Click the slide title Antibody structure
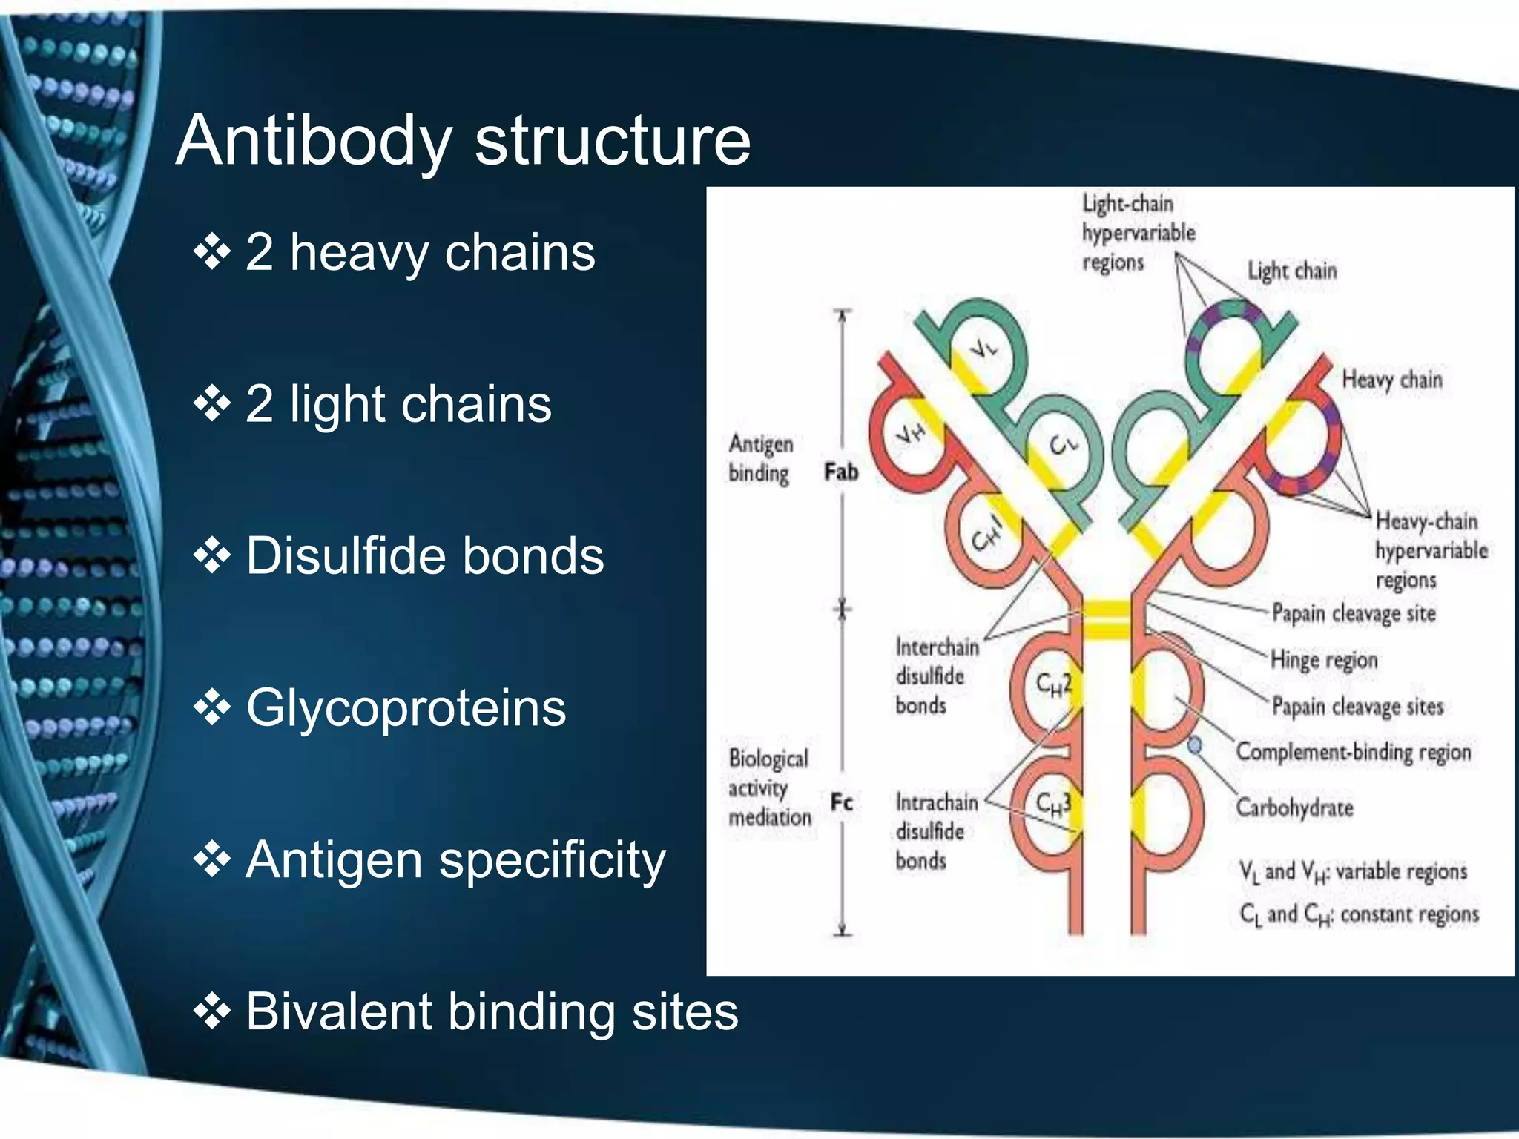pos(464,140)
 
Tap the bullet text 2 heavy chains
pos(420,252)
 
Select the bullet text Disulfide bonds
pos(424,555)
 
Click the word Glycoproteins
pos(406,707)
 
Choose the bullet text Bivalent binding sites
pos(492,1011)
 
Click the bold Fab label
pos(841,472)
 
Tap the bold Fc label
pos(842,802)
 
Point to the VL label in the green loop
pos(984,346)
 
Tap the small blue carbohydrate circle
pos(1195,745)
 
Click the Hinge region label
pos(1324,659)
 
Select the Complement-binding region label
pos(1354,752)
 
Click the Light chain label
pos(1292,271)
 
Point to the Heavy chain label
pos(1392,380)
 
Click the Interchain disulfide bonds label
pos(936,676)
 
